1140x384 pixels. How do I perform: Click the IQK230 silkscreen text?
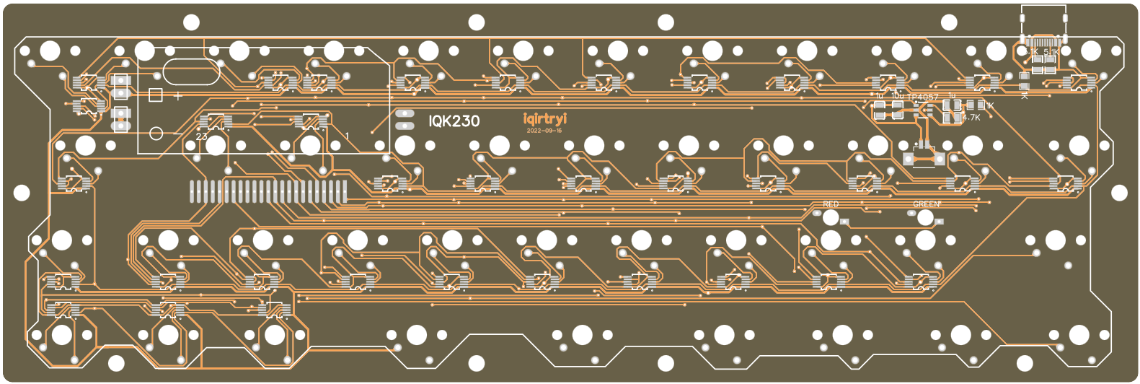(454, 121)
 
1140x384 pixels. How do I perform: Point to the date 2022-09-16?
(544, 131)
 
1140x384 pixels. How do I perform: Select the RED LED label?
(831, 205)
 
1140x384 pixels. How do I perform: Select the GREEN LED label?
(927, 205)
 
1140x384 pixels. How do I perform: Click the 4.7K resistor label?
(971, 118)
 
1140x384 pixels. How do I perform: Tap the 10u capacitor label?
(897, 95)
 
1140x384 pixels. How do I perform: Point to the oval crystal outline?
(191, 71)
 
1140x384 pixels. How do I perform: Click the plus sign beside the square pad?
(177, 95)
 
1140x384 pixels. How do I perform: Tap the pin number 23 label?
(202, 136)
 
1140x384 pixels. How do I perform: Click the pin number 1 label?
(347, 136)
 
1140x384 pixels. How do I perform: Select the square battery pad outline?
(155, 95)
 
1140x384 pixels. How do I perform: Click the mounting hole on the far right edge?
(1118, 193)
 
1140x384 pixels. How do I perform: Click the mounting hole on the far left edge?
(22, 193)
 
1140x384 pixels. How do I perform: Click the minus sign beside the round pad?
(177, 134)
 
